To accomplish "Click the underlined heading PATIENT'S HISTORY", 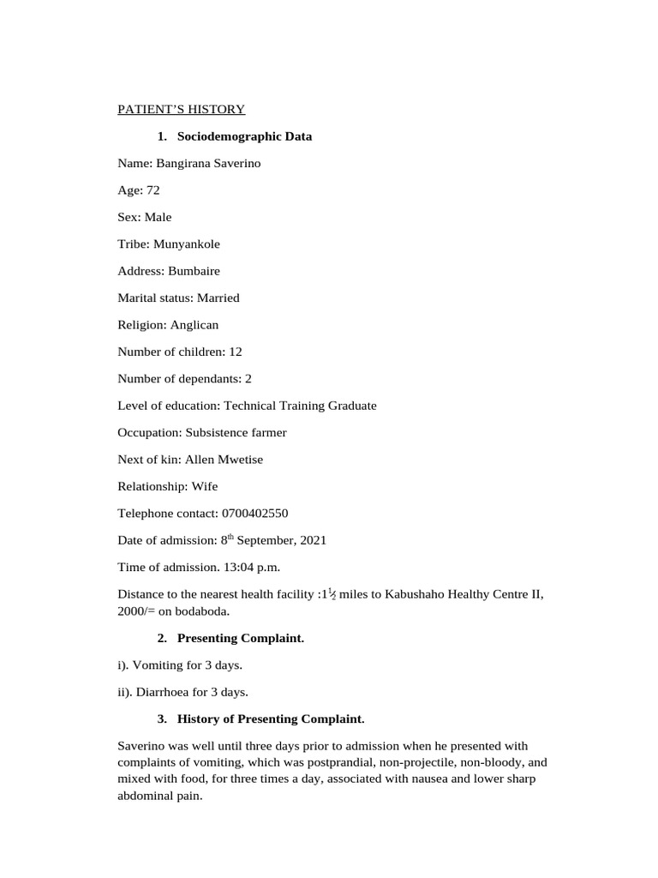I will coord(181,109).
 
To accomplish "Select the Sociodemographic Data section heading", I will coord(244,136).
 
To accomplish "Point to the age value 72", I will coord(153,190).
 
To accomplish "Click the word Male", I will coord(158,217).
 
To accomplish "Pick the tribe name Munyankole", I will coord(187,244).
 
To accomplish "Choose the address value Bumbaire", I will coord(194,271).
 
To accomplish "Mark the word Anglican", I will coord(194,325).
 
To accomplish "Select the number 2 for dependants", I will coord(248,378).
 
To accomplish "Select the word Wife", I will coord(205,486).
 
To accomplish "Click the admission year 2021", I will coord(313,540).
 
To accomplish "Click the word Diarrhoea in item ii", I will coord(159,692).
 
